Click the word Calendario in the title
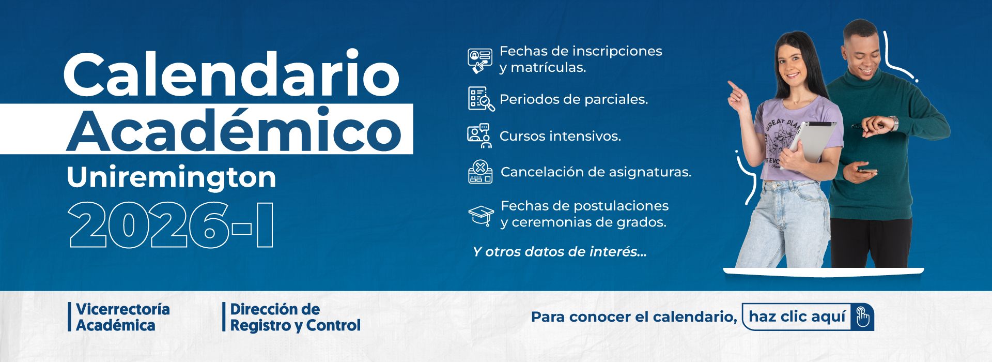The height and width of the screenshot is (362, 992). coord(231,73)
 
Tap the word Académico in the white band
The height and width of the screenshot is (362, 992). coord(234,129)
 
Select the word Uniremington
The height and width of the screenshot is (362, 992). coord(172,177)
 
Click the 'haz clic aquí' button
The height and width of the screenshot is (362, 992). coord(808,316)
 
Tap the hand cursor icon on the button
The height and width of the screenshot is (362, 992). coord(862,317)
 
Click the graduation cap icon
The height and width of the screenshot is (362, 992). coord(481,215)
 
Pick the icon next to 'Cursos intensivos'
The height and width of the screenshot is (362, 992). coord(479,135)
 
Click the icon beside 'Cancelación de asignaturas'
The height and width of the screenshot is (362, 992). coord(481,172)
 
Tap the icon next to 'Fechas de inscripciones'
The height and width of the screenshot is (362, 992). coord(480,60)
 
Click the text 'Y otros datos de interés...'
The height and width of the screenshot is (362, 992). coord(560,252)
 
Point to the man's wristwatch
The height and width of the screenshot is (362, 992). coord(893,124)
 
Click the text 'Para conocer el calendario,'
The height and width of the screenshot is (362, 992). coord(634,317)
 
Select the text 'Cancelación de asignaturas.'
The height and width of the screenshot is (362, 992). coord(596,172)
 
